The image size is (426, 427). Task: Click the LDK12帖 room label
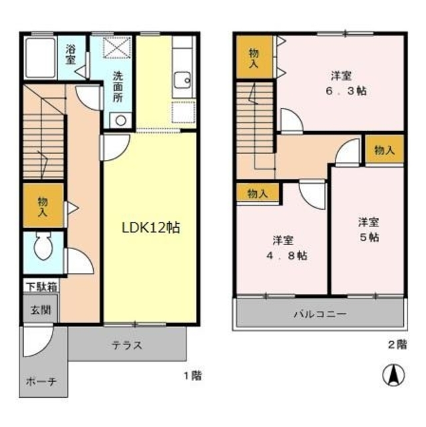[x=150, y=226]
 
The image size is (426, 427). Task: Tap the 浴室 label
[x=71, y=54]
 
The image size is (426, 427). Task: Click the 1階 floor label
[x=192, y=375]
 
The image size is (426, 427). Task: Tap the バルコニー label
[x=320, y=314]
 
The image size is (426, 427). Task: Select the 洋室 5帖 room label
[x=368, y=230]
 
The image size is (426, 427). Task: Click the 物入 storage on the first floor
[x=43, y=207]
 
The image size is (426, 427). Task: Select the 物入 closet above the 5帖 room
[x=384, y=151]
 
